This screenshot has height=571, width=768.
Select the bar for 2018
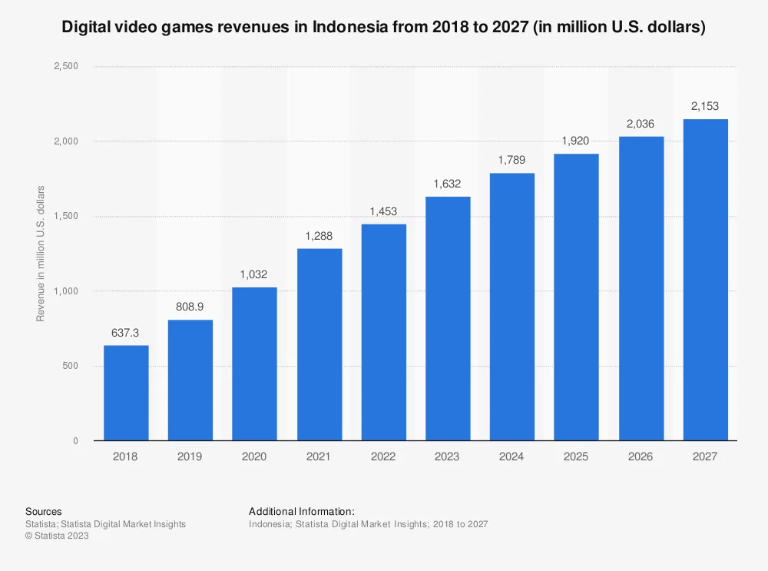(126, 393)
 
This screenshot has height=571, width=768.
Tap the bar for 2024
(511, 307)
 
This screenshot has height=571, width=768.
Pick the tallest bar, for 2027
(705, 280)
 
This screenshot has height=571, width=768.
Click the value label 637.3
(126, 334)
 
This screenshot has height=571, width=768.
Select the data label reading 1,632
(448, 184)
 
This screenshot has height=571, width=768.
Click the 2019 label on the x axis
(190, 456)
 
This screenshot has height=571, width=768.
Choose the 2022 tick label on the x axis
(383, 456)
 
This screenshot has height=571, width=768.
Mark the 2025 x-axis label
(576, 456)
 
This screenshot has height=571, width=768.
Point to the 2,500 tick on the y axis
(65, 67)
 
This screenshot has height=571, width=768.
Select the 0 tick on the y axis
(75, 441)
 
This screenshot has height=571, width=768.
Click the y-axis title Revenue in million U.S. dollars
(41, 254)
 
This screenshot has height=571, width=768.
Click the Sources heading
(43, 511)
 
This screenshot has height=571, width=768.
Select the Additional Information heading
(301, 511)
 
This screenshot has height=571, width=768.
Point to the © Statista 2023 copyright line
(57, 536)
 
